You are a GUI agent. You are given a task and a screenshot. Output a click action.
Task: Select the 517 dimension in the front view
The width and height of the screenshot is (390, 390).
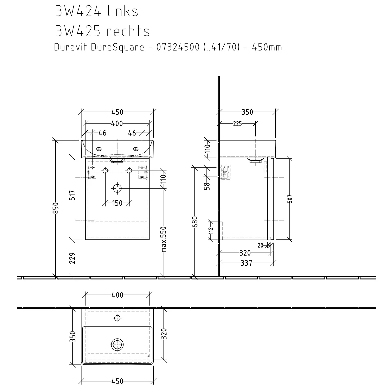(x=73, y=195)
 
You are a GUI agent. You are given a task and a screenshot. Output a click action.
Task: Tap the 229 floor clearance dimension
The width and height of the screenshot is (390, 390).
(x=73, y=258)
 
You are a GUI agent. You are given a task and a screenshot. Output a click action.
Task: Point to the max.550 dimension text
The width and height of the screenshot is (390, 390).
(x=164, y=239)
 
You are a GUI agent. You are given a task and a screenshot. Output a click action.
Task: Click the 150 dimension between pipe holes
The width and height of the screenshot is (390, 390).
(x=117, y=203)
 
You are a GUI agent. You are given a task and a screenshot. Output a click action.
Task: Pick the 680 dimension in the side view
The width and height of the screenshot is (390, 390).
(x=195, y=222)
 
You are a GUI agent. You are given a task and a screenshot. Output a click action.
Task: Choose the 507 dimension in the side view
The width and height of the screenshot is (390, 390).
(x=290, y=199)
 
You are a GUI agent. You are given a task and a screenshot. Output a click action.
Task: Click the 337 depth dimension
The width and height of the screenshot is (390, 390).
(x=246, y=263)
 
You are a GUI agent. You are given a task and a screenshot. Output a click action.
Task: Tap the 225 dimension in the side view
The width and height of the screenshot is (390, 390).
(x=237, y=123)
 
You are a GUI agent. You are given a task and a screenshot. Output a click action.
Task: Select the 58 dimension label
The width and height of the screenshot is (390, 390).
(x=207, y=186)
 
